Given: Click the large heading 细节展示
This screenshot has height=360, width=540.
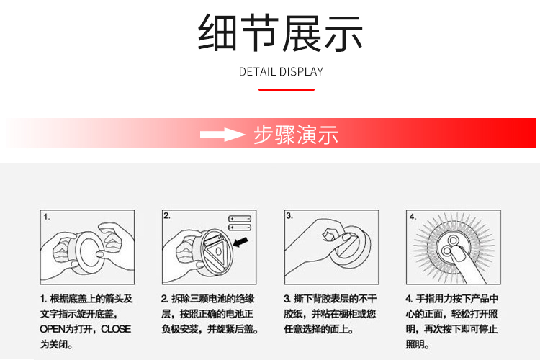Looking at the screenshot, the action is (280, 32).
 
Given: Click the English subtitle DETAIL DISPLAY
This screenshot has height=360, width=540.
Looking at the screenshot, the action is (281, 72).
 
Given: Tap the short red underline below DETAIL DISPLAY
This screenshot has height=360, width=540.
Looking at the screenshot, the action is (287, 89).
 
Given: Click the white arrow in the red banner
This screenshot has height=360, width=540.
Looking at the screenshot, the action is (222, 135).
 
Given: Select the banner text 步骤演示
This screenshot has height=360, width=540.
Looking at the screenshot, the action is (296, 135).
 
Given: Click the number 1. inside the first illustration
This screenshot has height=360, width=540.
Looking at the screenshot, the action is (47, 217).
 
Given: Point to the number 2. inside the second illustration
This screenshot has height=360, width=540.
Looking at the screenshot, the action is (167, 216).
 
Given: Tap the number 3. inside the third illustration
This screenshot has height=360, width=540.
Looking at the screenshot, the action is (289, 216).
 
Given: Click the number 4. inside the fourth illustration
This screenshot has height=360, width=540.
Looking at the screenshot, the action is (413, 217).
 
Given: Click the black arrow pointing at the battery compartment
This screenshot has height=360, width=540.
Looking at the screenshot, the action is (240, 241).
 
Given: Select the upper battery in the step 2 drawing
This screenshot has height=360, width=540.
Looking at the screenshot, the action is (240, 219).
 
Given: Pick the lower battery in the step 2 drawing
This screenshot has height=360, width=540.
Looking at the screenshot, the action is (240, 228).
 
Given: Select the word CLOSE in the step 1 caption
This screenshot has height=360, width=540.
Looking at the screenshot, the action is (116, 329).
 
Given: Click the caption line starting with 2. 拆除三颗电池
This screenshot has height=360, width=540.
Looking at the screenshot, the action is (207, 299).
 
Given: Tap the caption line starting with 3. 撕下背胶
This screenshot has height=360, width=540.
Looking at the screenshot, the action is (330, 299).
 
